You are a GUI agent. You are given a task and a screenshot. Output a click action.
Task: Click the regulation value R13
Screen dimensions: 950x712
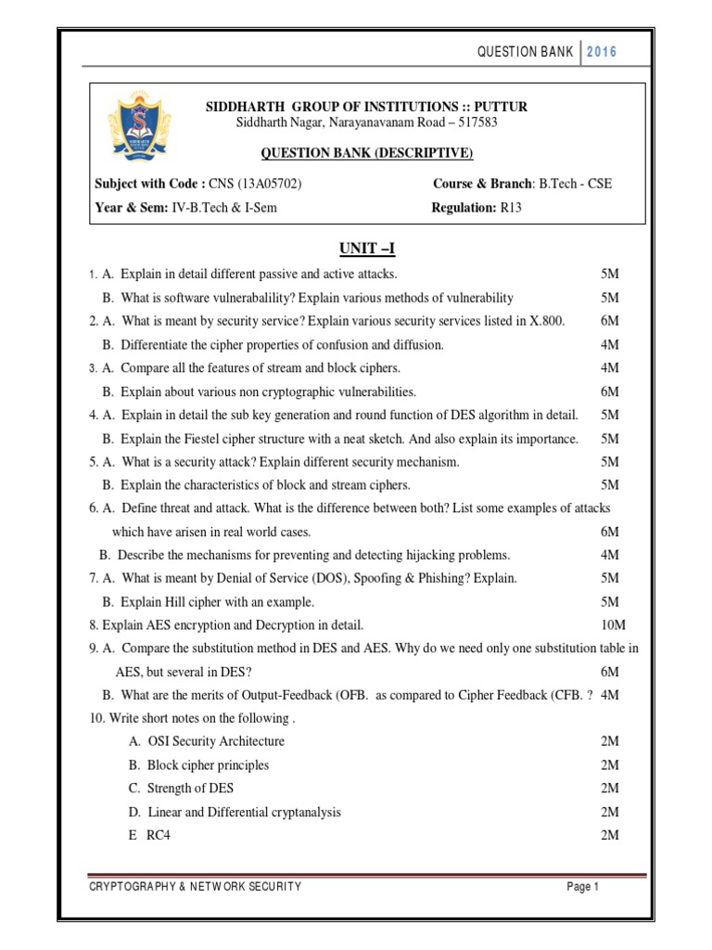pos(512,208)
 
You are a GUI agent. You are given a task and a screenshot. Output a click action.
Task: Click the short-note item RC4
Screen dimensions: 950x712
pos(159,835)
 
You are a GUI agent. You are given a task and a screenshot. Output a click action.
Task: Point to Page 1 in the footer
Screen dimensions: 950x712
pos(583,887)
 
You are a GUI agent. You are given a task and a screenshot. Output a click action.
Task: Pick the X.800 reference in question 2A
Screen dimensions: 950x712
pos(546,321)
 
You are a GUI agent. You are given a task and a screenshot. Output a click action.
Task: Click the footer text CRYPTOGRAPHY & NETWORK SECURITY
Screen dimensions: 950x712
pos(195,887)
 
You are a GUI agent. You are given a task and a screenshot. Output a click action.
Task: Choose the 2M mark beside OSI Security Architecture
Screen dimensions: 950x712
pos(609,741)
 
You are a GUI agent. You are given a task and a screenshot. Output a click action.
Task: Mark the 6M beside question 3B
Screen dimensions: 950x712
pos(609,392)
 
